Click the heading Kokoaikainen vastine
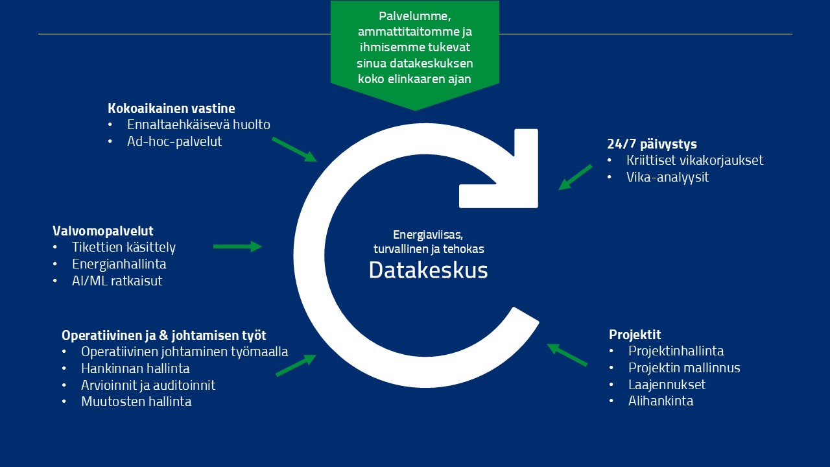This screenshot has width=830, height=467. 171,108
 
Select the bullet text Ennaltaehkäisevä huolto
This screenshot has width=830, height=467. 198,125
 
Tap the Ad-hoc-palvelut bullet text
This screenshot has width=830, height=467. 174,141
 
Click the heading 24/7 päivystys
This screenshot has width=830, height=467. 652,144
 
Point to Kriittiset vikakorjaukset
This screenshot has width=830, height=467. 694,160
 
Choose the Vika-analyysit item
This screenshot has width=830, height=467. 667,177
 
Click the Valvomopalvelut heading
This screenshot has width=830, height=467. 102,231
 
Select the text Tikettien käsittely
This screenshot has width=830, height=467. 124,247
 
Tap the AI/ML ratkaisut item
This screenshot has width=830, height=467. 117,281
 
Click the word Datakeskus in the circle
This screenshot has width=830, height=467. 428,270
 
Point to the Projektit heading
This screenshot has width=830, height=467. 635,335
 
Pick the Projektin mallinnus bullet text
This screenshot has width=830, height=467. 684,368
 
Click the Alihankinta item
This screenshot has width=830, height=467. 661,401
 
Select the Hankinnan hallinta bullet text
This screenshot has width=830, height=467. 136,368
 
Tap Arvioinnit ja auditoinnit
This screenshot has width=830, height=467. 148,385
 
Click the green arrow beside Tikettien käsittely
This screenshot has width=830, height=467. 237,246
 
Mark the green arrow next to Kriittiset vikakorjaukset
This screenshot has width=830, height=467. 575,177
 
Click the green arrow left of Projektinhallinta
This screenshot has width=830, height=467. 567,355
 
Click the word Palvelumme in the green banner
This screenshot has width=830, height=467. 414,16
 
